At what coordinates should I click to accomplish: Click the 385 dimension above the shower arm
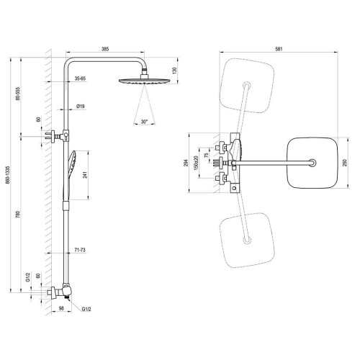tap(105, 49)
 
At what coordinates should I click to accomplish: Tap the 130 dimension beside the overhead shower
tap(174, 71)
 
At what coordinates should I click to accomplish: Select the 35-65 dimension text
tap(80, 78)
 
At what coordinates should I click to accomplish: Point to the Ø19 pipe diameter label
tap(81, 107)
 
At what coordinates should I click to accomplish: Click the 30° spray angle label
tap(144, 122)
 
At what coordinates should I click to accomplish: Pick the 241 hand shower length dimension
tap(85, 175)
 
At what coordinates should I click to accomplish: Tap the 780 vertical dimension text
tap(17, 215)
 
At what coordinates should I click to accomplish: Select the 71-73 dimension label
tap(80, 250)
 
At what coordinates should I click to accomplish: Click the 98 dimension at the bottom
tap(61, 308)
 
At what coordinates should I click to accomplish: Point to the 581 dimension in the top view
tap(279, 49)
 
